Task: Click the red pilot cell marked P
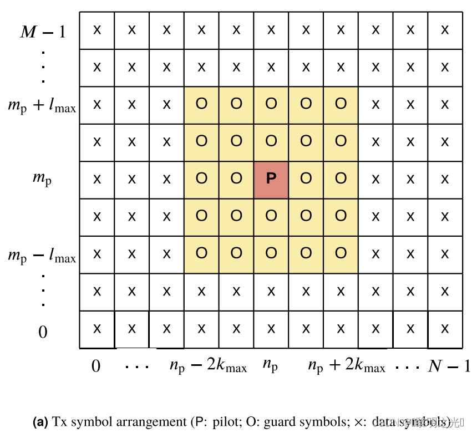271,179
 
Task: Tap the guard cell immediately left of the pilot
236,179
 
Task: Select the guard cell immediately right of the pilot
306,179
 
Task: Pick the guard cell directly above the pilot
271,141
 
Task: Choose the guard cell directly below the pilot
271,216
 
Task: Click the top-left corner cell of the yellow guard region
201,104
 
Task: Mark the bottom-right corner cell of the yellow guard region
341,254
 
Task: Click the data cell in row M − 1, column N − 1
445,30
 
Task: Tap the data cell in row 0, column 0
97,329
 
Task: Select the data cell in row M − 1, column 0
97,30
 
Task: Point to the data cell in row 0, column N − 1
445,329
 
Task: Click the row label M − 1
43,32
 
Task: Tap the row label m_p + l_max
42,105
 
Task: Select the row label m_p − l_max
42,256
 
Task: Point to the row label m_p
42,179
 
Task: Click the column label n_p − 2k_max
208,366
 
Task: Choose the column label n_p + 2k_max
346,366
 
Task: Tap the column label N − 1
449,366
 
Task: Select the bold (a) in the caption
40,422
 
